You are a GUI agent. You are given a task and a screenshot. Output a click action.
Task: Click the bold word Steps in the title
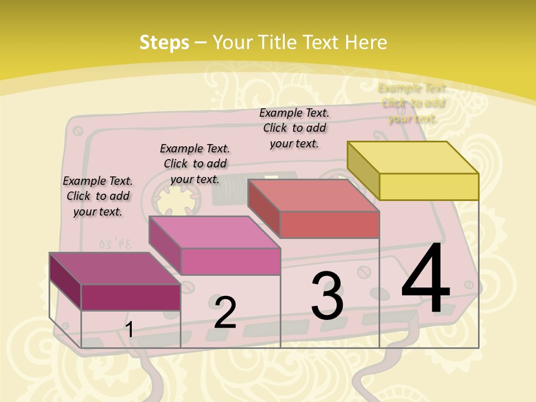[x=164, y=42]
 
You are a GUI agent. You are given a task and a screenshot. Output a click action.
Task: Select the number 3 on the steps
[x=327, y=296]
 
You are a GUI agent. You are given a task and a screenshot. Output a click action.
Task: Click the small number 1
[x=129, y=330]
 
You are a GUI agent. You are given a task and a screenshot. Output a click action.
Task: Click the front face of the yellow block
[x=429, y=186]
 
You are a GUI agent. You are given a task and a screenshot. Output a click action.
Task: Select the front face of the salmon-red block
[x=329, y=224]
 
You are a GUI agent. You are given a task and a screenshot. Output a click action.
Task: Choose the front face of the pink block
[x=230, y=261]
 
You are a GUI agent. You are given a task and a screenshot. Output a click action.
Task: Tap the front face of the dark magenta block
[x=131, y=297]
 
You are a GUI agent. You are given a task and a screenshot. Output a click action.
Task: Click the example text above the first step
[x=98, y=196]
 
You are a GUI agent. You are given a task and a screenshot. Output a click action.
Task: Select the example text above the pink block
[x=195, y=164]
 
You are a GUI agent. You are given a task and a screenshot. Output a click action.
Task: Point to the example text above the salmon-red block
[x=294, y=128]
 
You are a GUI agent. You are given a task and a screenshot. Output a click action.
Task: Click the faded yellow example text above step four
[x=413, y=103]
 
